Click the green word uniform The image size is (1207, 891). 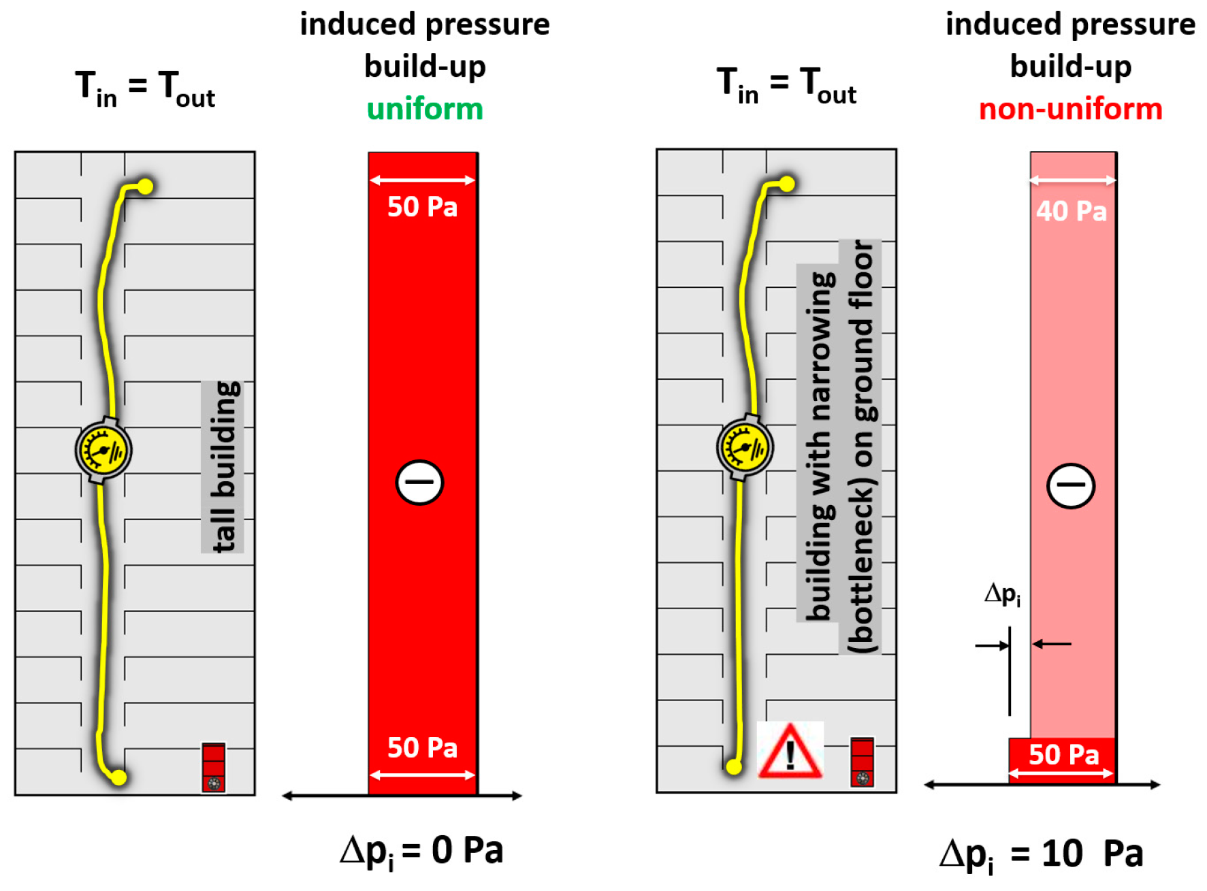425,109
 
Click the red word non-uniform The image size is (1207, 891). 1070,109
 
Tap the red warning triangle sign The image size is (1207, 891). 790,751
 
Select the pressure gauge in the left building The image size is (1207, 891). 103,450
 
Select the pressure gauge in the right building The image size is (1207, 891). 745,447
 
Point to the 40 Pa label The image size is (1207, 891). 1072,211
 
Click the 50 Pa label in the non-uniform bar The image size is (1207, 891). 1063,754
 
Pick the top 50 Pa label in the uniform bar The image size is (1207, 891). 422,206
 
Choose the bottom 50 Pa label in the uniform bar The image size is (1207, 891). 422,747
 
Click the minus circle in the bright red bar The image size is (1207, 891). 419,482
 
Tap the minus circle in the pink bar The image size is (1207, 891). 1071,485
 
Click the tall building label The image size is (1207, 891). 223,467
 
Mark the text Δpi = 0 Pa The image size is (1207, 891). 421,851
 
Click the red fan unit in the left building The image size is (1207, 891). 213,767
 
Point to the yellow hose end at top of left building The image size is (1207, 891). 145,186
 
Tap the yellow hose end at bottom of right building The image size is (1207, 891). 733,767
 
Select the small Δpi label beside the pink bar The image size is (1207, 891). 1002,594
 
